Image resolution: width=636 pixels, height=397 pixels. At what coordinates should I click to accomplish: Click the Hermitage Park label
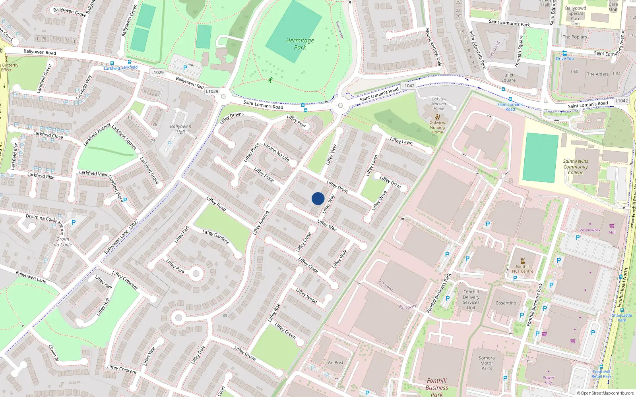tap(300, 44)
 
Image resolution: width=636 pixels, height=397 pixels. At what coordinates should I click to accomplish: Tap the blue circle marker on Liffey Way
tap(318, 198)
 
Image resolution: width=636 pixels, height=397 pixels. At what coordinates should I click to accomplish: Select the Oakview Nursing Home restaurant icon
tap(437, 117)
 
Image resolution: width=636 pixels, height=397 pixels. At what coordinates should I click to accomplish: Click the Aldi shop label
tap(612, 232)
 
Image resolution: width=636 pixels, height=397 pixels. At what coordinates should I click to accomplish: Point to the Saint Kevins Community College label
tap(575, 167)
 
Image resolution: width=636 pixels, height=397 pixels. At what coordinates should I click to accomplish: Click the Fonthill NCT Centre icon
tap(523, 261)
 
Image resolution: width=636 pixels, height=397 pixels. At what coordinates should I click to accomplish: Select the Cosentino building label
tap(506, 303)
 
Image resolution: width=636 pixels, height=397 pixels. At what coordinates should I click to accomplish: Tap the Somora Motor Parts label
tap(487, 363)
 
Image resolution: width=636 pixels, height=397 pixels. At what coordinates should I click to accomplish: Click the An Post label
tap(335, 362)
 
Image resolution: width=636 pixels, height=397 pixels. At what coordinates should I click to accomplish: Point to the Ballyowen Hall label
tap(180, 129)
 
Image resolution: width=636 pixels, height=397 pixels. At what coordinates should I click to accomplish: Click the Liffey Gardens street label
tap(215, 237)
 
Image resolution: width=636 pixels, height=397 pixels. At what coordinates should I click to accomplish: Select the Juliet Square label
tap(508, 77)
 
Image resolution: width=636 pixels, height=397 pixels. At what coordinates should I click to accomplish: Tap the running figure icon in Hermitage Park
tap(270, 80)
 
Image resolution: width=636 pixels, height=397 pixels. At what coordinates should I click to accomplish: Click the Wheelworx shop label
tap(589, 230)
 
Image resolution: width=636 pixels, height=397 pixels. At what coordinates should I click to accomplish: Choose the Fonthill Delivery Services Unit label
tap(471, 300)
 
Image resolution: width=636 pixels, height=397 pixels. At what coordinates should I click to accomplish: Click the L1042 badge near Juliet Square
tap(408, 86)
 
